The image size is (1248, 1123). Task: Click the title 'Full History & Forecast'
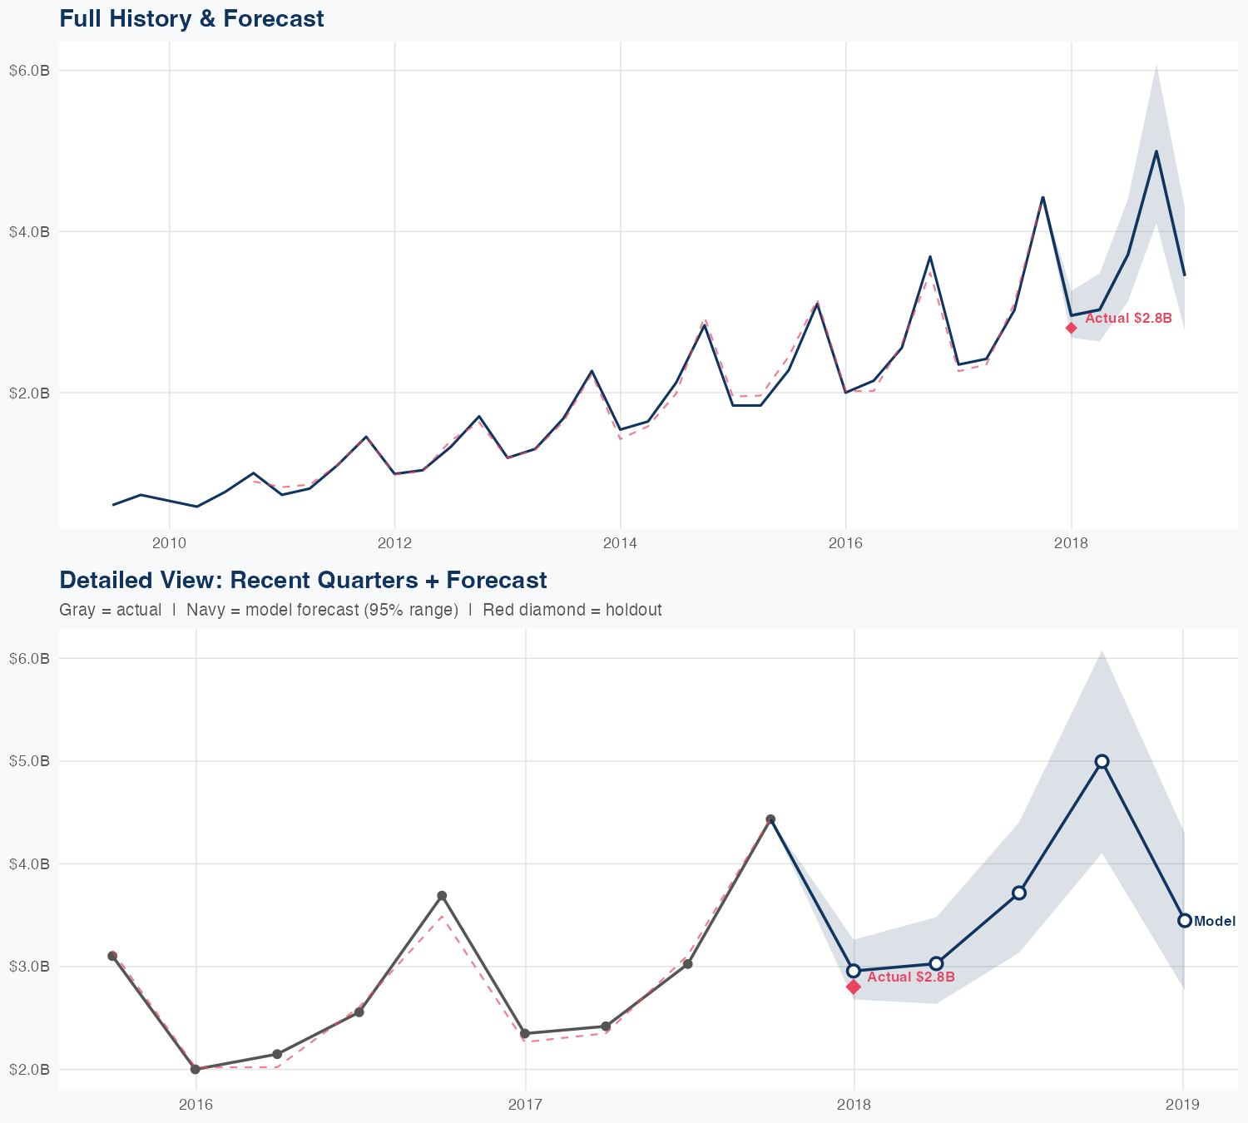coord(191,18)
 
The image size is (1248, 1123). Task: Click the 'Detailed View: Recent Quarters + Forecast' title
coord(303,580)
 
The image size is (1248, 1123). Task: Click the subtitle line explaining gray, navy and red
coord(360,610)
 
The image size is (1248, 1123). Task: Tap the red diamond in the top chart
coord(1072,328)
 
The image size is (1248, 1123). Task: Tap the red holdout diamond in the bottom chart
coord(854,987)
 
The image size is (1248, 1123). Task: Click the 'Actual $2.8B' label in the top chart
coord(1128,319)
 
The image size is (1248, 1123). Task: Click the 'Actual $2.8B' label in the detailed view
coord(910,977)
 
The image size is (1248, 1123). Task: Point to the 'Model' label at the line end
coord(1215,921)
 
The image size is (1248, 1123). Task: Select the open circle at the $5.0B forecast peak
coord(1102,761)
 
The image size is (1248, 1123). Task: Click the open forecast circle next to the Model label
coord(1184,920)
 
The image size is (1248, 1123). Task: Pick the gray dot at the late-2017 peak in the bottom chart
coord(770,819)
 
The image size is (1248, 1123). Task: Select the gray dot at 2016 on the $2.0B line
coord(196,1069)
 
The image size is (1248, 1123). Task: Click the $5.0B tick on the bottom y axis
coord(29,761)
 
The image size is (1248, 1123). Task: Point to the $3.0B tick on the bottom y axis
coord(29,967)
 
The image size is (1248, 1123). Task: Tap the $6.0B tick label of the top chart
coord(29,71)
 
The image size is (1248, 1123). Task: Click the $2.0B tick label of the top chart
coord(29,393)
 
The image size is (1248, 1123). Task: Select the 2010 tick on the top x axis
coord(169,543)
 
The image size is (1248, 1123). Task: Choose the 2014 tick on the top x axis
coord(620,543)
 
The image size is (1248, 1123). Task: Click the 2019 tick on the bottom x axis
coord(1182,1105)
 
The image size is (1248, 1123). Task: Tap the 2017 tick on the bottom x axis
coord(525,1105)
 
